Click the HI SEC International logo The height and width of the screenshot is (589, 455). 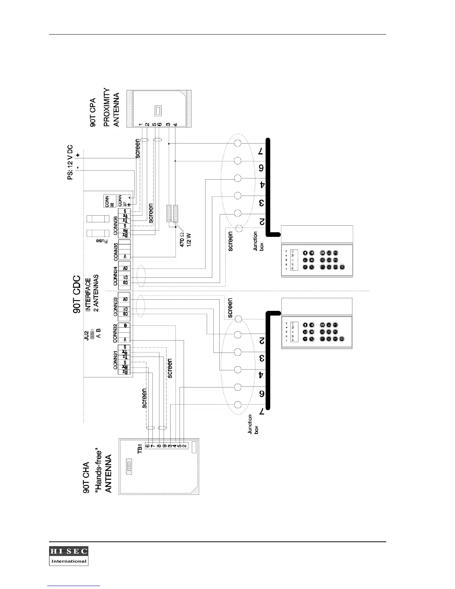(69, 556)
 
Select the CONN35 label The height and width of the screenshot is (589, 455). (116, 251)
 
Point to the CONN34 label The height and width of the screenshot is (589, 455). (116, 276)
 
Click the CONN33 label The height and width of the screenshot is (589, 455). (116, 306)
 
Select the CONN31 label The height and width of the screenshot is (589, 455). (116, 360)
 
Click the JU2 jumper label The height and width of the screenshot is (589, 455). (86, 335)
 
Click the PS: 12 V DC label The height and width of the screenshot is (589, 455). (71, 162)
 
